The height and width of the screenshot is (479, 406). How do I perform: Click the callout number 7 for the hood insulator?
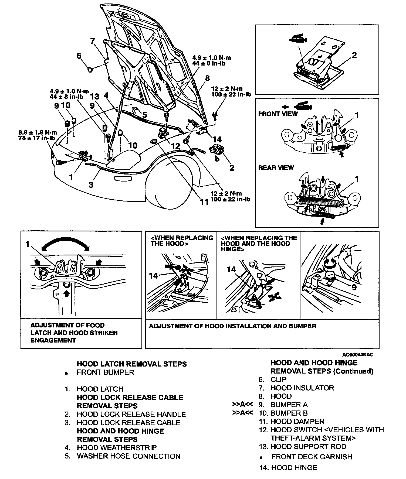pos(93,41)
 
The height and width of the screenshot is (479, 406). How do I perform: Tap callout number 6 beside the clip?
pos(79,56)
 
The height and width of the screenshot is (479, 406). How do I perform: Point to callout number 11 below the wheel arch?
pos(204,201)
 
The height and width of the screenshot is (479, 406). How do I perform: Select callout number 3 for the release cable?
pos(91,185)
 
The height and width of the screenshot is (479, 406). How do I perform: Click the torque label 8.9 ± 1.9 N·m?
pos(38,132)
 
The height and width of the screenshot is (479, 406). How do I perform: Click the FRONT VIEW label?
pos(278,114)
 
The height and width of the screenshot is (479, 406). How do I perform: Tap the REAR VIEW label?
pos(276,168)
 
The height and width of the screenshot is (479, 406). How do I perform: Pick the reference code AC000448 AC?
pos(358,355)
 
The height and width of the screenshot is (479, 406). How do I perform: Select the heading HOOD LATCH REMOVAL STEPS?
pos(132,364)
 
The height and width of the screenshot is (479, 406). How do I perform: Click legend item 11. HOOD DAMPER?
pos(292,421)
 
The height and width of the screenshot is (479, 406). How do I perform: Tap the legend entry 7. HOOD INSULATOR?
pos(296,388)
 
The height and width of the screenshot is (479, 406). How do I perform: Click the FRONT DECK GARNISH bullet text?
pos(312,457)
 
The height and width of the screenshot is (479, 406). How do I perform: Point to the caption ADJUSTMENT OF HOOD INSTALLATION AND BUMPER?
pos(232,326)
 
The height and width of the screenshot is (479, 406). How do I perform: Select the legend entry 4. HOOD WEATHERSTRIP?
pos(111,448)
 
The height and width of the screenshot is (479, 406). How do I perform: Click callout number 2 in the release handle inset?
pos(354,55)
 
